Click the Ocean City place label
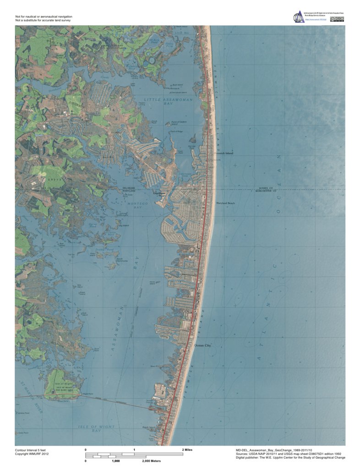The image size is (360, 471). tap(203, 345)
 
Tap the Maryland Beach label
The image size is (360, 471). tap(225, 203)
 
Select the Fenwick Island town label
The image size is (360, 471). tap(224, 153)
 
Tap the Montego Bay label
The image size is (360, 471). tap(135, 205)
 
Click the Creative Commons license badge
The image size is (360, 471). tap(337, 19)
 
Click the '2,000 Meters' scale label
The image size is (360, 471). tap(153, 461)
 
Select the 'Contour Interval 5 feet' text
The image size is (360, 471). tap(33, 450)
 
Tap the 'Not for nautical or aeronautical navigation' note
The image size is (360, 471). tap(44, 16)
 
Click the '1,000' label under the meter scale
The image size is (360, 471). tap(115, 461)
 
